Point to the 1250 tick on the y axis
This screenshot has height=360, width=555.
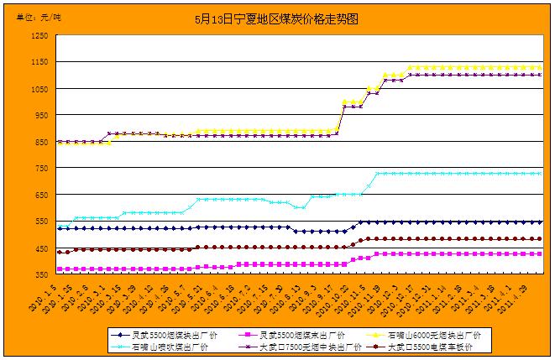[x=39, y=35]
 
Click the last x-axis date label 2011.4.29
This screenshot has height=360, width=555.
[x=527, y=298]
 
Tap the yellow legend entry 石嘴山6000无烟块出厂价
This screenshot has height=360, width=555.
[x=424, y=335]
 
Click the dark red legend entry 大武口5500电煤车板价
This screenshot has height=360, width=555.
[x=424, y=346]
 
